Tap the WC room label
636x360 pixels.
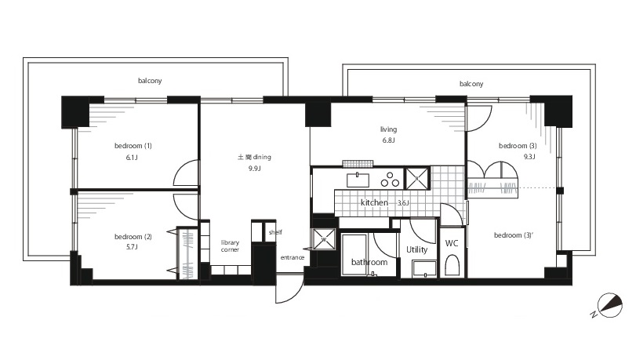452,243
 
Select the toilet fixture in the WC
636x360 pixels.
452,265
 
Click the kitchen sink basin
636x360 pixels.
358,180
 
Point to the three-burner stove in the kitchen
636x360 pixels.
390,180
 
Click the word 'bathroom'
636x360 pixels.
369,262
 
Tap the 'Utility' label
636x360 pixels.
417,249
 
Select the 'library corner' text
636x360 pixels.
230,246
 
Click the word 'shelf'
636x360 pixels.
275,232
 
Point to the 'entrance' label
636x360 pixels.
293,257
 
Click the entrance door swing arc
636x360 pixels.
296,294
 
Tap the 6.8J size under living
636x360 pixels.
388,140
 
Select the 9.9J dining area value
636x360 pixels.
254,168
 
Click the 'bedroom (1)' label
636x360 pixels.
133,146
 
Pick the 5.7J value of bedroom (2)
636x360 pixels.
132,247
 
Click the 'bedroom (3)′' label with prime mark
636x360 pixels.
514,235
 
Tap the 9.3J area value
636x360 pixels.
529,157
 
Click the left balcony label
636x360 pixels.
150,81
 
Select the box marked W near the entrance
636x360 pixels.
324,239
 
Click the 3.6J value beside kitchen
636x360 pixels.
403,203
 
